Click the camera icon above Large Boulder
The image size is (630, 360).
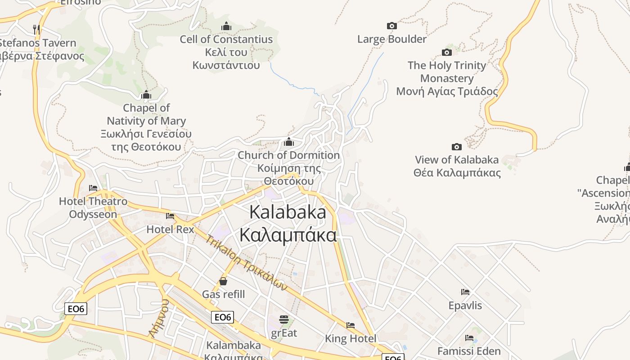392,26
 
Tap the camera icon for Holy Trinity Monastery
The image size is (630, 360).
446,52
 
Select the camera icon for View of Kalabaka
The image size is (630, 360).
456,147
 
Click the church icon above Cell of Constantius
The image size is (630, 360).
226,26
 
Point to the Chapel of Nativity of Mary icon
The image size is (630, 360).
146,95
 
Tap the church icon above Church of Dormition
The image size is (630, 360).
289,142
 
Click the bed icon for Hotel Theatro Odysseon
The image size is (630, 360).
93,188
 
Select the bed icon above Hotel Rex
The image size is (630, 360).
170,216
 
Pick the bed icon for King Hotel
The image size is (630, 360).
351,325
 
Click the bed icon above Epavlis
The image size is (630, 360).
465,292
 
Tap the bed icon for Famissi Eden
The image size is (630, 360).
469,337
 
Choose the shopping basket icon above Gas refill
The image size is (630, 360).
223,281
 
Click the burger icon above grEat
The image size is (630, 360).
284,319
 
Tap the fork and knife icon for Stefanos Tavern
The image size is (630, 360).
36,30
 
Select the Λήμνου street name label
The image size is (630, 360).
159,318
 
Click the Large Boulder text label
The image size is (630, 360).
392,39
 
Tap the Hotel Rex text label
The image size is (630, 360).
170,229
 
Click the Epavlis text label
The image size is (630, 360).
465,306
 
